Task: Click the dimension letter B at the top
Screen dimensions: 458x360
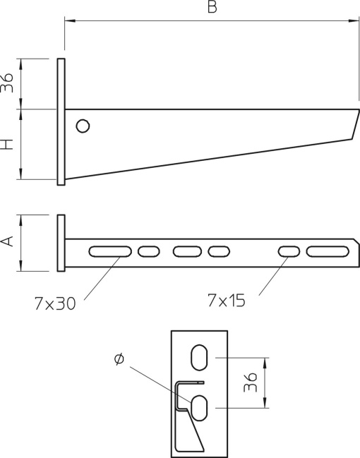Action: point(212,8)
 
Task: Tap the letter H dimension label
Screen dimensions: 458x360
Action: point(8,145)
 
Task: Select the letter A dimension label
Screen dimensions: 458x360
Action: point(8,242)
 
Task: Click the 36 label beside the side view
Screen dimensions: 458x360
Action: point(8,83)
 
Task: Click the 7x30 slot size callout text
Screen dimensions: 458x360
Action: point(54,303)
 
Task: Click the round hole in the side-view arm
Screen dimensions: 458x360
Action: point(83,126)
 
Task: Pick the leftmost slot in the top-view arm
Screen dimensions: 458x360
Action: point(110,251)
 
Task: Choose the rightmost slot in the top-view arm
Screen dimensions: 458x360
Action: point(327,251)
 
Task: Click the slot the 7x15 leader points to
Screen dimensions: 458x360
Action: point(289,251)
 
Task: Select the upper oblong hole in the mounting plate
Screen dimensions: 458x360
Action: point(200,356)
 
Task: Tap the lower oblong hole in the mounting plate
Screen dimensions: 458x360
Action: point(200,406)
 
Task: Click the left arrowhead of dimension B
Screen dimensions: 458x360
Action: point(69,20)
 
